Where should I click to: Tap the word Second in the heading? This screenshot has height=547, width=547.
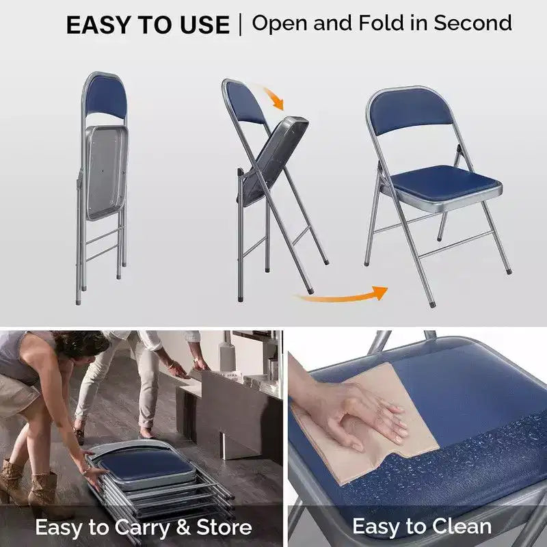point(472,23)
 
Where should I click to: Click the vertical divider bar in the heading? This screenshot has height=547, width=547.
point(240,25)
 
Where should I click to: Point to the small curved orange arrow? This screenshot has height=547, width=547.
point(275,98)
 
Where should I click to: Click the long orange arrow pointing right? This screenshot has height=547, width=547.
point(342,296)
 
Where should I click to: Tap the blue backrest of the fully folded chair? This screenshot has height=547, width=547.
point(106,97)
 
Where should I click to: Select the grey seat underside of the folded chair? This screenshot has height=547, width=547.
point(106,172)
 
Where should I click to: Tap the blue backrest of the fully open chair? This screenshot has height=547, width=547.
point(410,110)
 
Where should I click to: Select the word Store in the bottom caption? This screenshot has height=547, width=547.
point(224,526)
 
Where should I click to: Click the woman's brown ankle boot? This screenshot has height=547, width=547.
point(43,488)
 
